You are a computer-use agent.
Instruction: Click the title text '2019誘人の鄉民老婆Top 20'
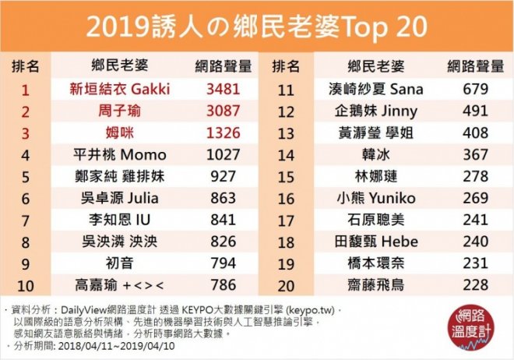256,26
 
